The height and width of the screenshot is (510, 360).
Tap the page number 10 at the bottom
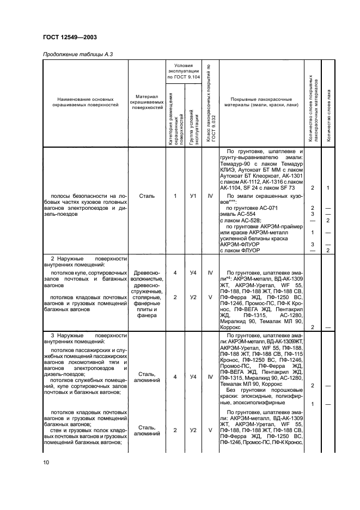pos(45,462)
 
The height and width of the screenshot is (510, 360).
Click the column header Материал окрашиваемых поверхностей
pos(147,102)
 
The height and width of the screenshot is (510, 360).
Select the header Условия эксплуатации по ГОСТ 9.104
pos(184,71)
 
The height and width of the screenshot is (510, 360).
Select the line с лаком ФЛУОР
pos(240,250)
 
